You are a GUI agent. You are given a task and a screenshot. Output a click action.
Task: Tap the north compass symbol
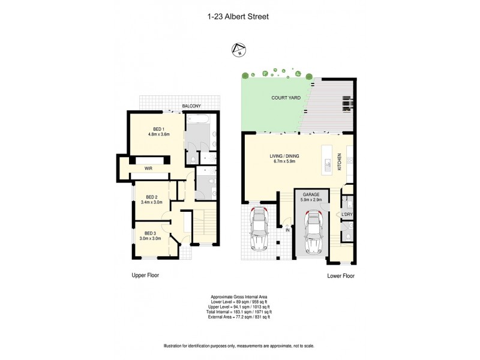(x=239, y=50)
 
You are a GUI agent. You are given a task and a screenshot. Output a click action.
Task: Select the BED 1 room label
(x=159, y=129)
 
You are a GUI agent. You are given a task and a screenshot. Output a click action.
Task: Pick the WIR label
(x=147, y=169)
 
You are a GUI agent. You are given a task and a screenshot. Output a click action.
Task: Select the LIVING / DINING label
(x=284, y=156)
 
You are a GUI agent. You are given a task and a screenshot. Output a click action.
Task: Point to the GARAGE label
(x=310, y=194)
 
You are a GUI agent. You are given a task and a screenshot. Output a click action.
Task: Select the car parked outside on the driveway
(x=259, y=229)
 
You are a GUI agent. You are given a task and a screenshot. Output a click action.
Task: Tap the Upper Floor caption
(x=145, y=276)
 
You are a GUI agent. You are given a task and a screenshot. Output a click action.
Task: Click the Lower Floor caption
(x=341, y=277)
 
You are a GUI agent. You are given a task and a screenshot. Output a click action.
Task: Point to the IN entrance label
(x=287, y=230)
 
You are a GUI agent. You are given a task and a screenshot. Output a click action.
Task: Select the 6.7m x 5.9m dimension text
(x=284, y=161)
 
